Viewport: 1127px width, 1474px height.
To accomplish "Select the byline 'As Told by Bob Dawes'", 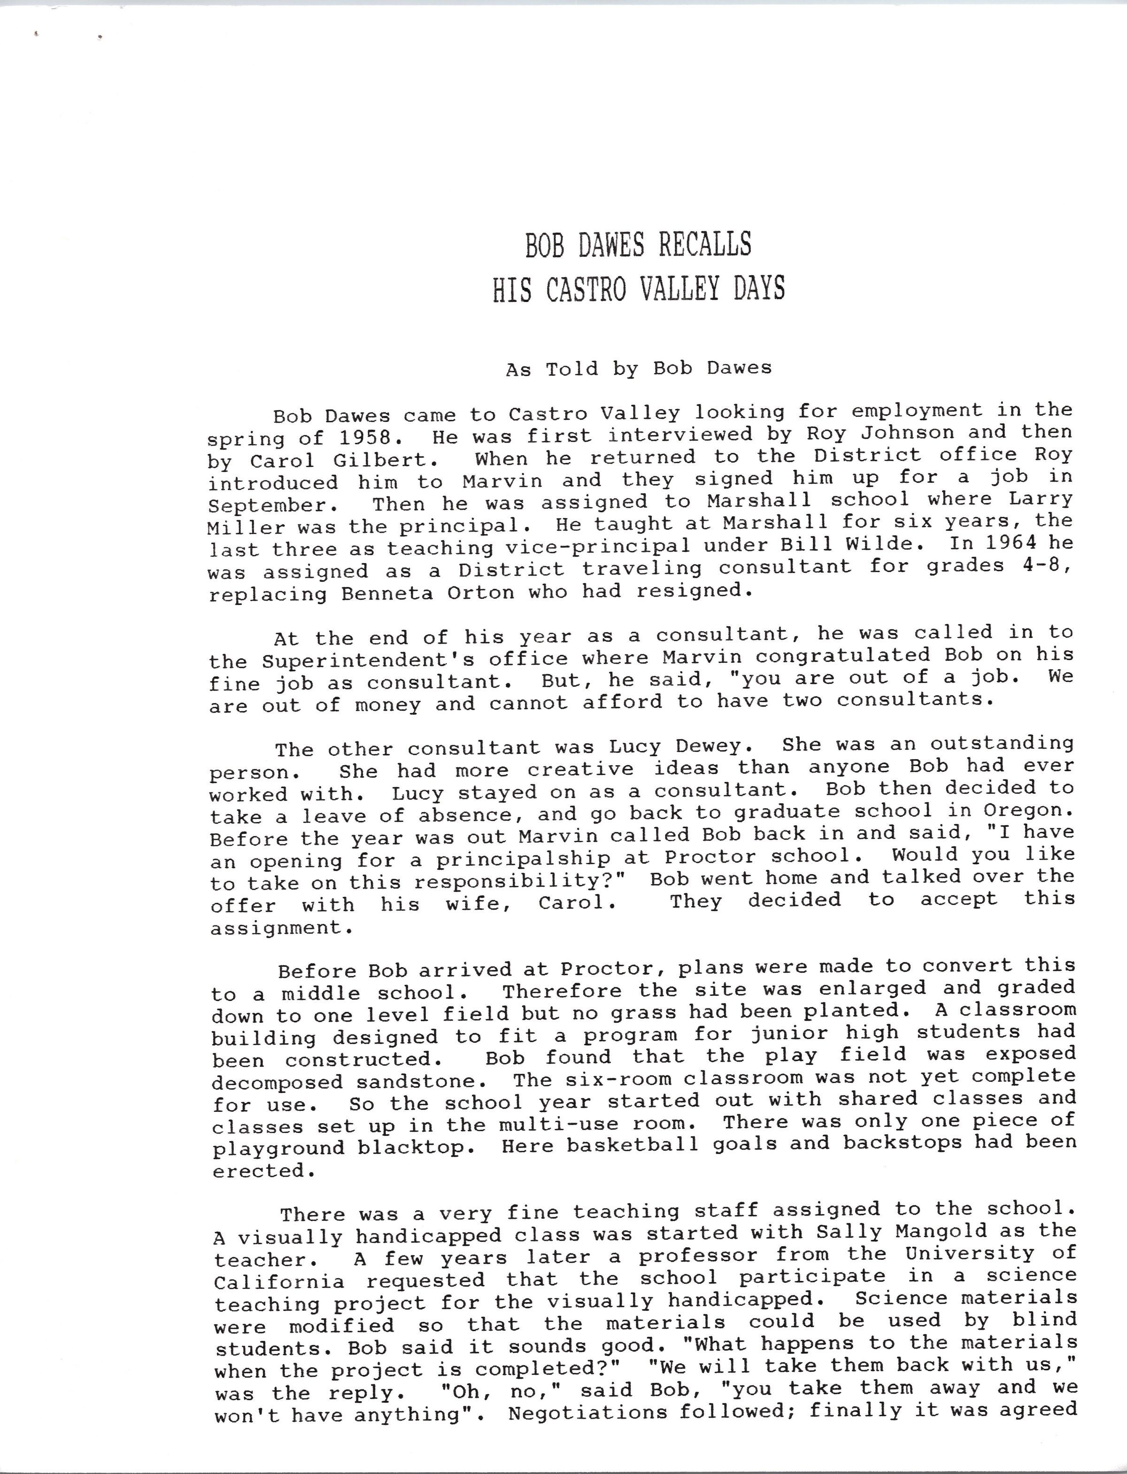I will (639, 368).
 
